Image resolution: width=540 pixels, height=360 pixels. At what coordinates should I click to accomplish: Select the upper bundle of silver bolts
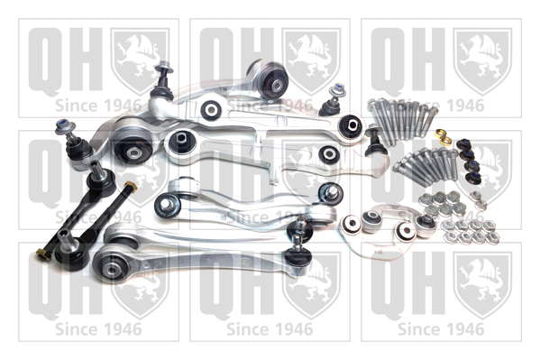point(403,118)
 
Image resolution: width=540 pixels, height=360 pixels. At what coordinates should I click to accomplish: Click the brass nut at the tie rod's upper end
point(131,187)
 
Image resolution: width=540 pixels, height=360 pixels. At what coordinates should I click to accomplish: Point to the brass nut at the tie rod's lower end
point(42,254)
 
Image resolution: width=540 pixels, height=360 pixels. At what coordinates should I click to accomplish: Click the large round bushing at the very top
point(269,79)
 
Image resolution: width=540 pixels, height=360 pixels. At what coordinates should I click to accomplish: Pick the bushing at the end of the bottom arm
point(109,266)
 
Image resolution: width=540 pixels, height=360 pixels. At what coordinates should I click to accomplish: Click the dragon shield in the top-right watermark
point(483,61)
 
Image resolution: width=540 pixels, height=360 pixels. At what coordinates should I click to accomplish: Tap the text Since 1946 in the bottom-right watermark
point(441,329)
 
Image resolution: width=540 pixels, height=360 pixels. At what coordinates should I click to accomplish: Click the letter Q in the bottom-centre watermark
point(218,286)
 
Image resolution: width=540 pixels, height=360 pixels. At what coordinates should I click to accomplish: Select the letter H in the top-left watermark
point(86,59)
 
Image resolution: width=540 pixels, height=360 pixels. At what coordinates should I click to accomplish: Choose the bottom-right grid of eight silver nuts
point(471,231)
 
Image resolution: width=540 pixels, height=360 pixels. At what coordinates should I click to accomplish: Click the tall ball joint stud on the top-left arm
point(162,80)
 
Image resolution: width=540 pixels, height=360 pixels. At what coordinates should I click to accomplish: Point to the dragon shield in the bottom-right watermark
point(483,285)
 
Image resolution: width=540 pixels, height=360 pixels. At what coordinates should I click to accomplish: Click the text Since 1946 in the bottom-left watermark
point(98,329)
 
